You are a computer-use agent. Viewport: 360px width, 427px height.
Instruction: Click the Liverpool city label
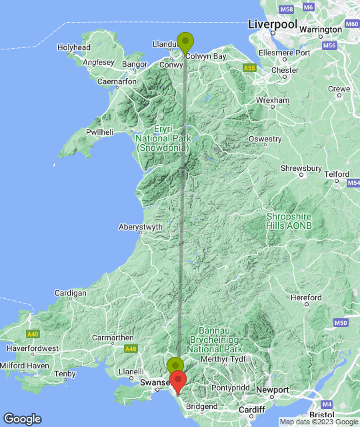pyautogui.click(x=272, y=24)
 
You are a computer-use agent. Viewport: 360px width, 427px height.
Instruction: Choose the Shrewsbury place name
pyautogui.click(x=301, y=169)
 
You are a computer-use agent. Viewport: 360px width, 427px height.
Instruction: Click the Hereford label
pyautogui.click(x=306, y=298)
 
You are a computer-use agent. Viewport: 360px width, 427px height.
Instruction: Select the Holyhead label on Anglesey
pyautogui.click(x=73, y=48)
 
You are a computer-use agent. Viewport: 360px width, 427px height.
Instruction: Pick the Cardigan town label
pyautogui.click(x=71, y=293)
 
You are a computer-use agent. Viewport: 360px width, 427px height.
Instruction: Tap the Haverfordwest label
pyautogui.click(x=32, y=348)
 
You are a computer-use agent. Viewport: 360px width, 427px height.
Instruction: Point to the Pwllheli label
pyautogui.click(x=100, y=132)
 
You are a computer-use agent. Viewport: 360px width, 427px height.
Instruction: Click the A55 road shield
pyautogui.click(x=249, y=68)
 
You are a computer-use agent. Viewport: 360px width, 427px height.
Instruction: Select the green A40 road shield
pyautogui.click(x=33, y=333)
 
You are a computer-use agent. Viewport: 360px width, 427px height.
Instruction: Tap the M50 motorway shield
pyautogui.click(x=340, y=323)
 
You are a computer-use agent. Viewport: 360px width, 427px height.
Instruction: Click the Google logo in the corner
pyautogui.click(x=22, y=419)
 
